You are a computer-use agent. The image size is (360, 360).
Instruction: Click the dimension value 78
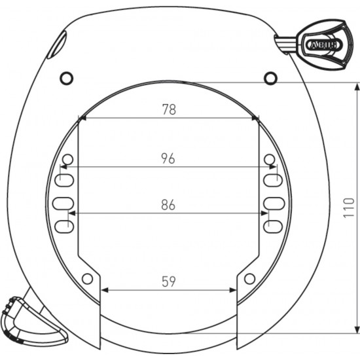[168, 110]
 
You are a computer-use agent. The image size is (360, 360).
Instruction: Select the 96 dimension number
[168, 158]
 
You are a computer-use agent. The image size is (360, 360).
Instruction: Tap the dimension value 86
[168, 205]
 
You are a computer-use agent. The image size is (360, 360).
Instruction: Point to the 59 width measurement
[168, 281]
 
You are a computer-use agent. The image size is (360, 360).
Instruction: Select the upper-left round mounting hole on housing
[66, 79]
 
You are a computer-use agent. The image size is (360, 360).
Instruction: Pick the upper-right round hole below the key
[270, 79]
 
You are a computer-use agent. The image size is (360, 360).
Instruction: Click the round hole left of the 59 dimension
[87, 279]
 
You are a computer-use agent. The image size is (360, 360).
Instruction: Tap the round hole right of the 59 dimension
[249, 279]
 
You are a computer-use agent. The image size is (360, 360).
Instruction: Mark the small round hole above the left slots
[67, 160]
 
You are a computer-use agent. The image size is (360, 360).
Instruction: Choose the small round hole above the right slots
[269, 160]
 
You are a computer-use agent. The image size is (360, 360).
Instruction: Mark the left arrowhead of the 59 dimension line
[103, 290]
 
